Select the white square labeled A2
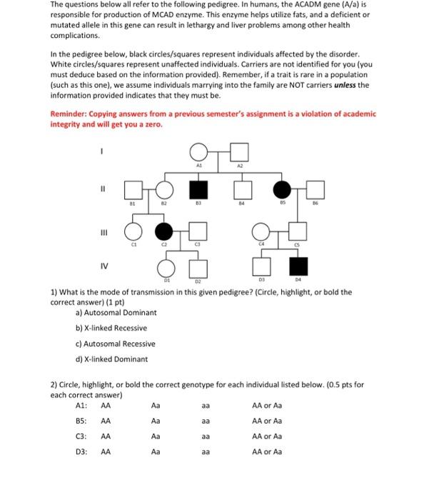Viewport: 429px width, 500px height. click(240, 151)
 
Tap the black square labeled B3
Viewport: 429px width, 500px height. click(198, 191)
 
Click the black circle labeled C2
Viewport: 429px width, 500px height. click(164, 231)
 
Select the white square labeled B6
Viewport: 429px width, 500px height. click(315, 191)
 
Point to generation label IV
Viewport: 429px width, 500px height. click(103, 269)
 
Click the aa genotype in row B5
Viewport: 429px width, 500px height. click(206, 421)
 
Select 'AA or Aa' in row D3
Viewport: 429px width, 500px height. click(267, 451)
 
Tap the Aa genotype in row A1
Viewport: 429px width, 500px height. click(156, 405)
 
